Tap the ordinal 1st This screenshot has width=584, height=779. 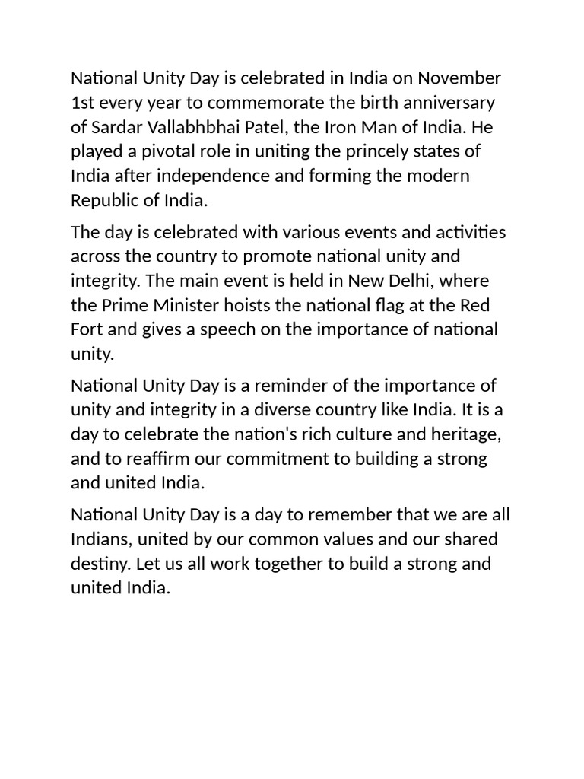click(x=82, y=102)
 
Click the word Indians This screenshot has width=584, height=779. click(x=100, y=539)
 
